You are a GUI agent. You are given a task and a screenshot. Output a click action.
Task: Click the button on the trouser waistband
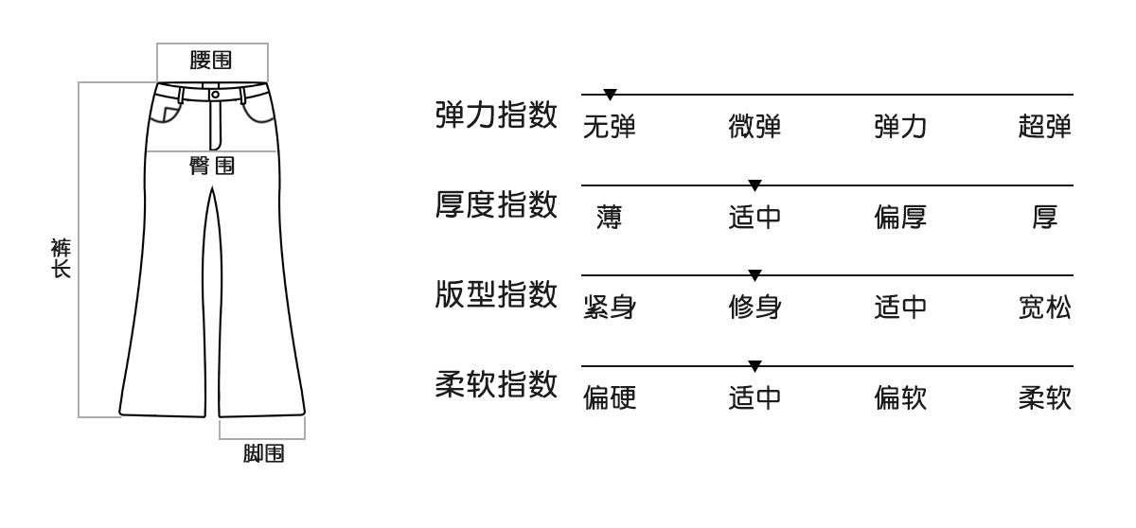coord(216,94)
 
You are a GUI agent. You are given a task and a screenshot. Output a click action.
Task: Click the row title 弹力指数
coord(495,115)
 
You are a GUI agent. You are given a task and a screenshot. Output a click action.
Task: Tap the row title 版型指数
coord(495,296)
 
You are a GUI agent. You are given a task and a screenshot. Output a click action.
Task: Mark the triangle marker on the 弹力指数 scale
coord(611,94)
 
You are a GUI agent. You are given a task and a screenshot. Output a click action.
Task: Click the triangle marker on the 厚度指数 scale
coord(754,185)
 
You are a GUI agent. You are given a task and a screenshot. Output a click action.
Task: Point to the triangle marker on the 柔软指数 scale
coord(754,365)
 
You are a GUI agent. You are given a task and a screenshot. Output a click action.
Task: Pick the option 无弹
coord(609,127)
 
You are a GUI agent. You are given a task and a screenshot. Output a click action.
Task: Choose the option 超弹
coord(1045,127)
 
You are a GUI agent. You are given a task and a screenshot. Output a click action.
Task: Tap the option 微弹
coord(754,127)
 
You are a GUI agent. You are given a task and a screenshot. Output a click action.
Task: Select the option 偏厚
coord(899,218)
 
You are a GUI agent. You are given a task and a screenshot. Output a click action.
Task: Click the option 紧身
coord(609,308)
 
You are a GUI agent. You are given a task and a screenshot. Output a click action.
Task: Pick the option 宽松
coord(1045,308)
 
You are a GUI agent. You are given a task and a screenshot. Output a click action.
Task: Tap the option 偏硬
coord(609,398)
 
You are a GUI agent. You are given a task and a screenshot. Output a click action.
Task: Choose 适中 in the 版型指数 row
coord(899,308)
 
